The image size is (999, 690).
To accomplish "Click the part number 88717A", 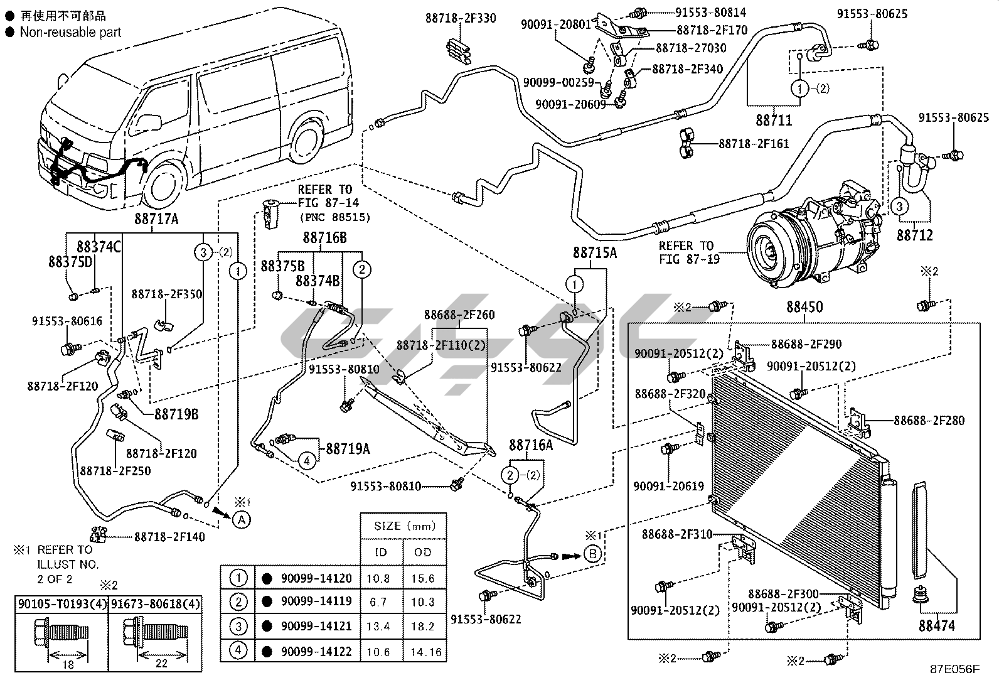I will click(156, 218).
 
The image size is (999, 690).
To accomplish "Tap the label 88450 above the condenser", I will click(804, 308).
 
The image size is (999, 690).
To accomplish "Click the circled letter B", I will click(592, 554).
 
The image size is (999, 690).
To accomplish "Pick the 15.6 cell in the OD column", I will click(423, 578).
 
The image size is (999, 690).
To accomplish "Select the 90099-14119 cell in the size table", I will click(316, 601).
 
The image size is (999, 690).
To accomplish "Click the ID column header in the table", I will click(380, 552).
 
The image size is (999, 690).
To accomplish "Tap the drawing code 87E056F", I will click(954, 669).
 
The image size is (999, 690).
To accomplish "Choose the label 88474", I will click(937, 625).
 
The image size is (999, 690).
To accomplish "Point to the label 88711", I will click(774, 120).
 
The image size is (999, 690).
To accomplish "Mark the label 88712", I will click(914, 235).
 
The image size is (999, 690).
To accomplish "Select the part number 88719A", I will click(347, 448).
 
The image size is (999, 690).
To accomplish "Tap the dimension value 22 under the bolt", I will click(161, 663).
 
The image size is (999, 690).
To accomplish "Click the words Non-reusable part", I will click(70, 32).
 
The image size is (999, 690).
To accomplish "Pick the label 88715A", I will click(594, 252).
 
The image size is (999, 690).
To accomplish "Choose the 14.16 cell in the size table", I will click(425, 652).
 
